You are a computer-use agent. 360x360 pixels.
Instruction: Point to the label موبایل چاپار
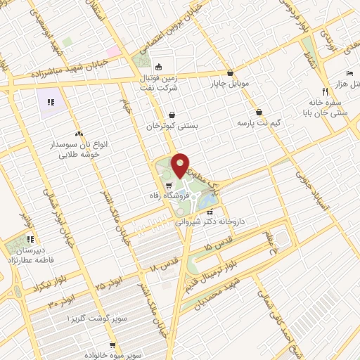tap(229, 85)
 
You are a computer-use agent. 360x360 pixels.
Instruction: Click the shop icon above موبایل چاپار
tap(230, 72)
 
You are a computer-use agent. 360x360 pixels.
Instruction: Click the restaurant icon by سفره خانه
tap(324, 91)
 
